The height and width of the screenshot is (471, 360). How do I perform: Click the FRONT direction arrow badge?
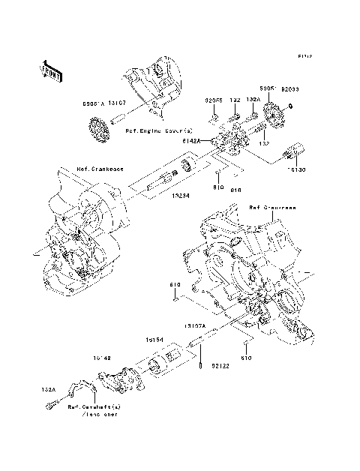(x=51, y=69)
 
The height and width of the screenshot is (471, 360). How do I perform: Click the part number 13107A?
(x=196, y=327)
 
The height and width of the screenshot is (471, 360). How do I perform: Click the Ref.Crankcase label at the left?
(x=91, y=169)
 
